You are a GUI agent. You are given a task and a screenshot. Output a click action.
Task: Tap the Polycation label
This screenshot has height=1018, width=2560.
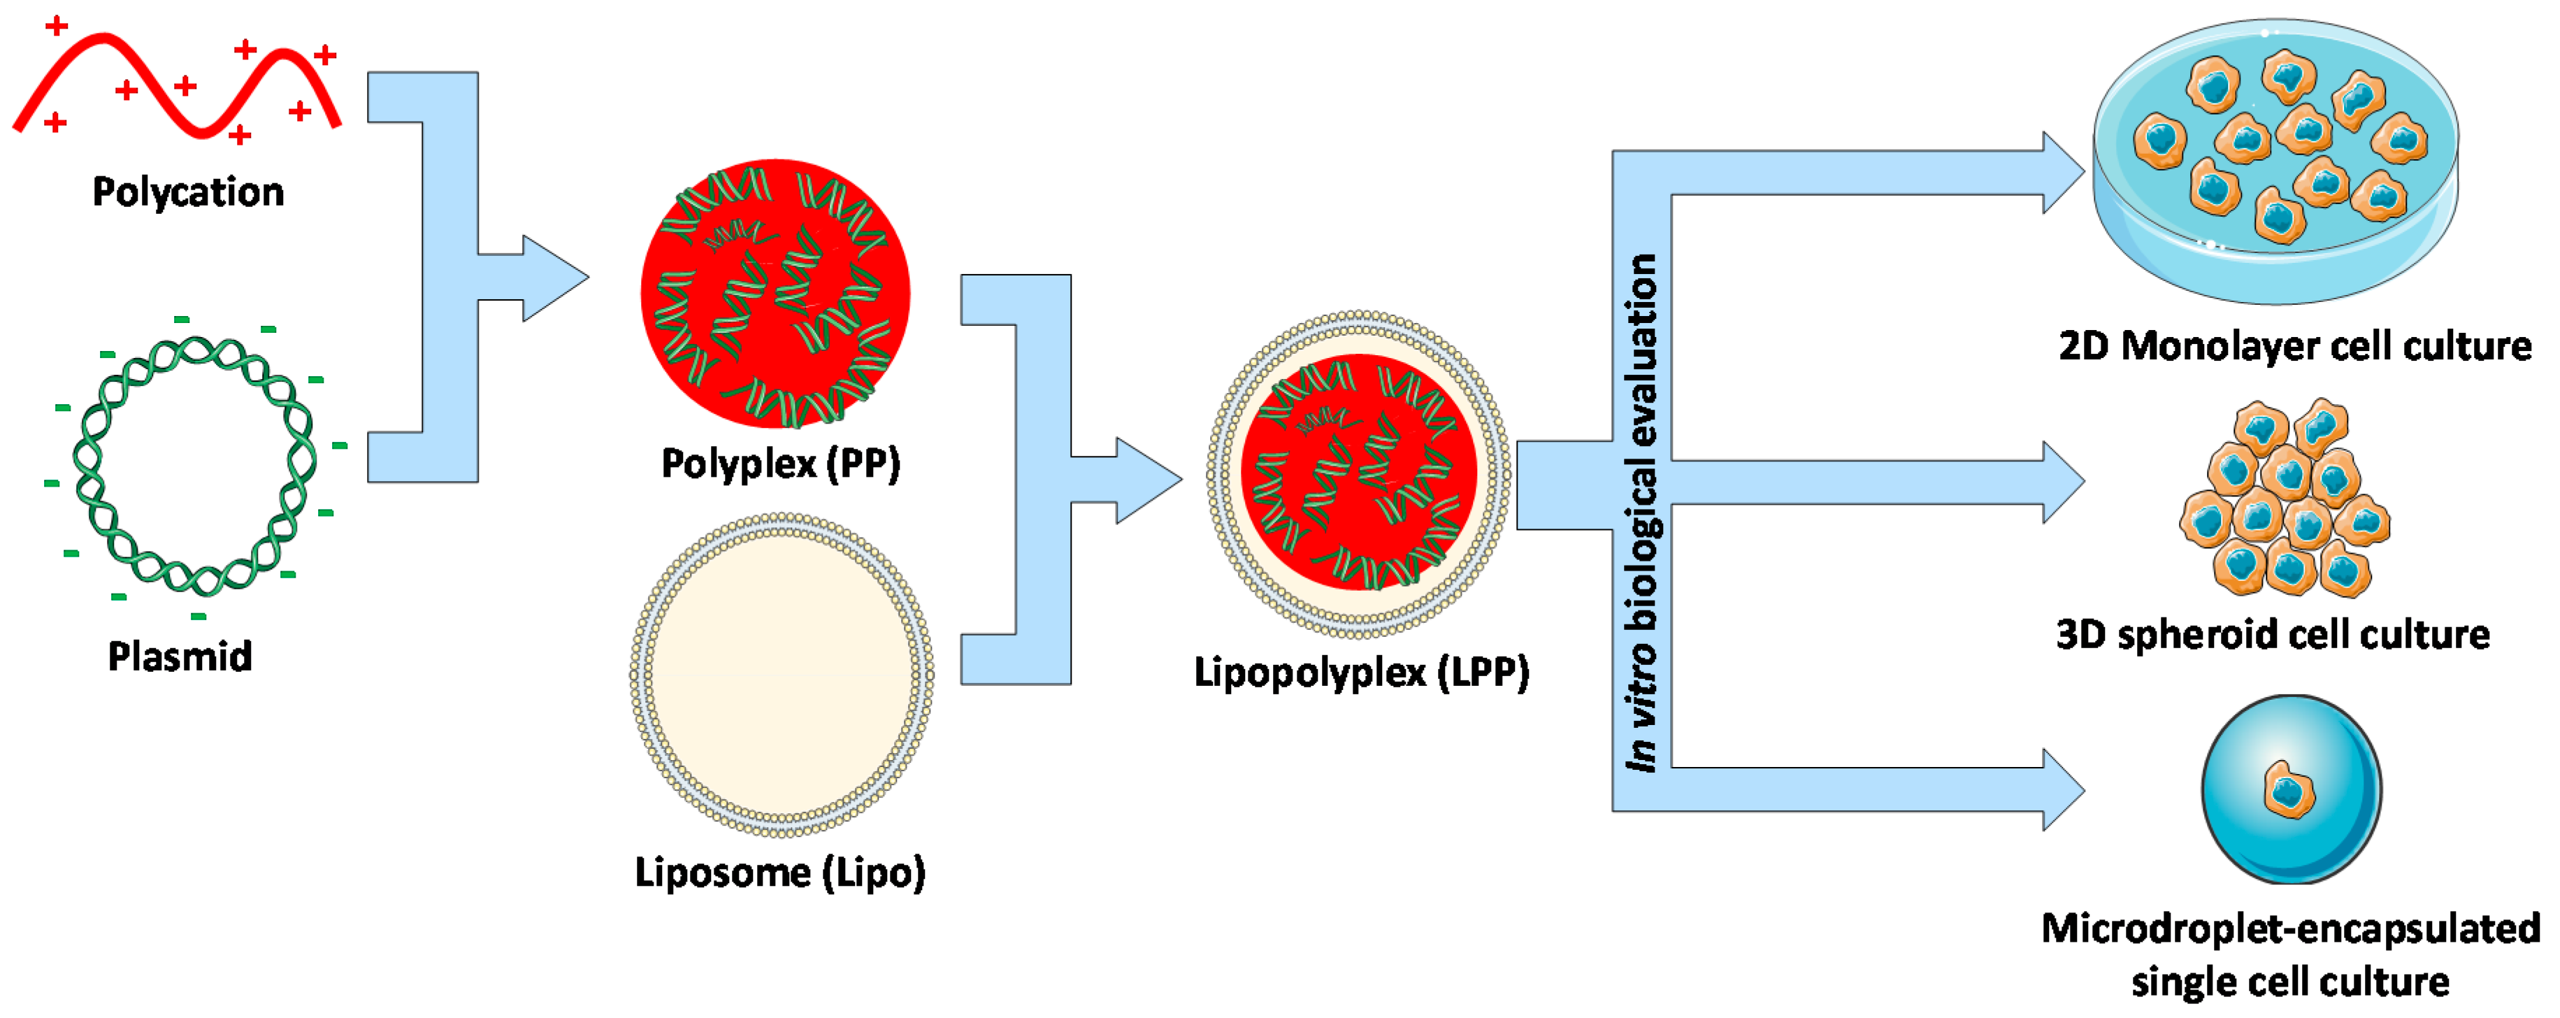click(x=188, y=192)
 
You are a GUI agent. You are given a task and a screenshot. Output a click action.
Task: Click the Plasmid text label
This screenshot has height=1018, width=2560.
click(x=180, y=656)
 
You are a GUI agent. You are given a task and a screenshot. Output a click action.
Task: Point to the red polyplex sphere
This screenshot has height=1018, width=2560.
click(x=775, y=293)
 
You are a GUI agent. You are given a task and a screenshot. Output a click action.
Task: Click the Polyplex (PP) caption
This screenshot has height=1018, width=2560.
click(x=781, y=464)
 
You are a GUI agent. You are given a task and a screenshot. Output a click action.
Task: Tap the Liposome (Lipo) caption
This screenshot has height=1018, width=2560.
click(x=780, y=872)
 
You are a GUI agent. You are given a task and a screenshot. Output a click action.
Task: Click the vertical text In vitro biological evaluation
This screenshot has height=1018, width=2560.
click(x=1641, y=512)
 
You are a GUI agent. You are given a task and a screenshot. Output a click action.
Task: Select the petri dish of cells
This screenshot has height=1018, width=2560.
click(x=2275, y=159)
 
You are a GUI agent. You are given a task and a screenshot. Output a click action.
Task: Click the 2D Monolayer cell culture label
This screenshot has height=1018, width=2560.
click(x=2294, y=346)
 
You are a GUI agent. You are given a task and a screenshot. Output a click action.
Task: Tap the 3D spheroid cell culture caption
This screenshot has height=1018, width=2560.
click(x=2273, y=634)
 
